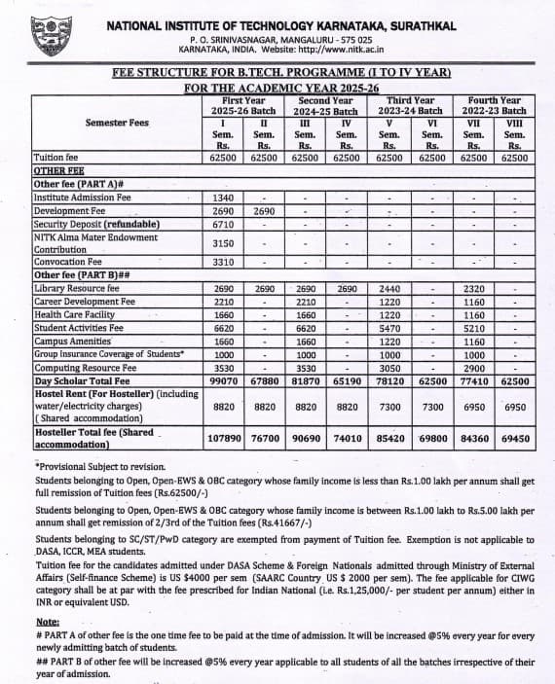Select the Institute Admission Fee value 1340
223,198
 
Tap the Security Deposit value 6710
223,224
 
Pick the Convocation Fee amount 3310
223,263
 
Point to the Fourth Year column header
494,106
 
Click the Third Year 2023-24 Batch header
410,106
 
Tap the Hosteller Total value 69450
514,439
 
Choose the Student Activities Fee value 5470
388,329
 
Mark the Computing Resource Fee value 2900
474,369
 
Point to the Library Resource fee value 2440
388,290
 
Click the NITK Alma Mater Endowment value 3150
223,243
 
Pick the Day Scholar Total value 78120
388,381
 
